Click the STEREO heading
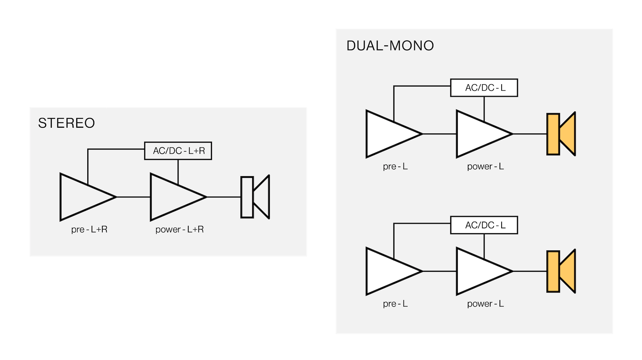coord(67,123)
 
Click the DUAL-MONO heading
coord(390,46)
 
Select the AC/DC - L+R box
coord(178,151)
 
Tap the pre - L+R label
coord(89,229)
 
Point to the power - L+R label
coord(180,229)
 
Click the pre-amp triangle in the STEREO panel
coord(82,197)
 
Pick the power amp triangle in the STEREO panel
coord(172,197)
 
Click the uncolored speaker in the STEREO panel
coord(255,197)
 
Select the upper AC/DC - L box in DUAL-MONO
coord(484,88)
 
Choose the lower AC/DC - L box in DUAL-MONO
coord(484,225)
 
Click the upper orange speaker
coord(561,134)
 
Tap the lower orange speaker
coord(561,271)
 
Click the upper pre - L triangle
coord(388,134)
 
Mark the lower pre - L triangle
coord(388,271)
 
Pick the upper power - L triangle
coord(478,134)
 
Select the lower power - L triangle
coord(478,271)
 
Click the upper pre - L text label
coord(395,166)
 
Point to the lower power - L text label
coord(486,304)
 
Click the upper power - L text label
coord(486,166)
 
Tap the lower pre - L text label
coord(395,304)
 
